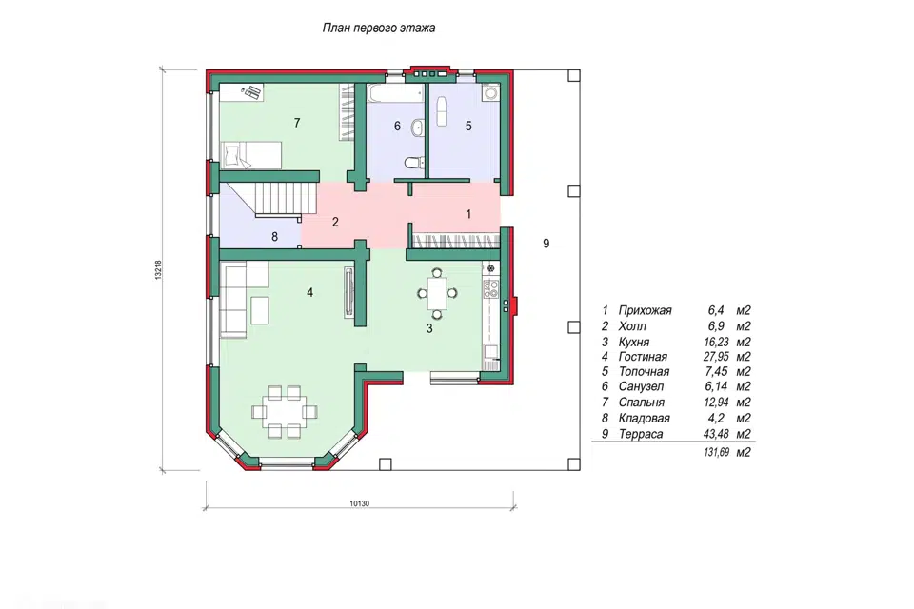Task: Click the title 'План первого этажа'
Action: coord(378,28)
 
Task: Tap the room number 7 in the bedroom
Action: coord(297,123)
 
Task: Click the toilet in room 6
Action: coord(412,162)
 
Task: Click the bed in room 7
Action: coord(251,154)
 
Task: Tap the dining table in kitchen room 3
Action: coord(437,294)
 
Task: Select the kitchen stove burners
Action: coord(492,286)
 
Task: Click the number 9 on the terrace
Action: coord(546,244)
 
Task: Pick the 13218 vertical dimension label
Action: coord(158,270)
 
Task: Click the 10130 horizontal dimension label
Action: coord(360,504)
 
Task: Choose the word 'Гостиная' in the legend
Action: coord(643,357)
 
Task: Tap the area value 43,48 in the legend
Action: coord(716,434)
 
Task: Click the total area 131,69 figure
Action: coord(716,452)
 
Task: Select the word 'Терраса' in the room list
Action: coord(641,434)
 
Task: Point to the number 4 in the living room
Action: coord(309,292)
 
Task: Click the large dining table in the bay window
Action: coord(285,411)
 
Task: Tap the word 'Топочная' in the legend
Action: coord(645,372)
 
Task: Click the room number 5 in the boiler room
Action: coord(468,126)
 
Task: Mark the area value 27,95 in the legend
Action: coord(716,357)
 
